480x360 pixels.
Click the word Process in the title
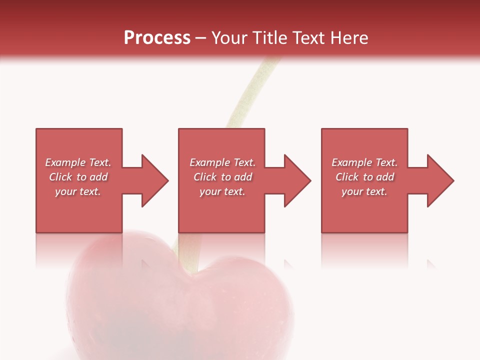pyautogui.click(x=157, y=38)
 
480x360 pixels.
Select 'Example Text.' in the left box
pyautogui.click(x=78, y=162)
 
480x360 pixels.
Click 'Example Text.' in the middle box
pyautogui.click(x=222, y=162)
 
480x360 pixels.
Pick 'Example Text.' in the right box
pyautogui.click(x=364, y=162)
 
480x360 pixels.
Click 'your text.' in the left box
pyautogui.click(x=78, y=191)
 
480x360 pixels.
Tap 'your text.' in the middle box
pyautogui.click(x=222, y=191)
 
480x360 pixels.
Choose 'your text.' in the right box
pyautogui.click(x=364, y=191)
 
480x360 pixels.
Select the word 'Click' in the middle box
pyautogui.click(x=205, y=177)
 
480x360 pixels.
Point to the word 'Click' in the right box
pyautogui.click(x=347, y=177)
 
